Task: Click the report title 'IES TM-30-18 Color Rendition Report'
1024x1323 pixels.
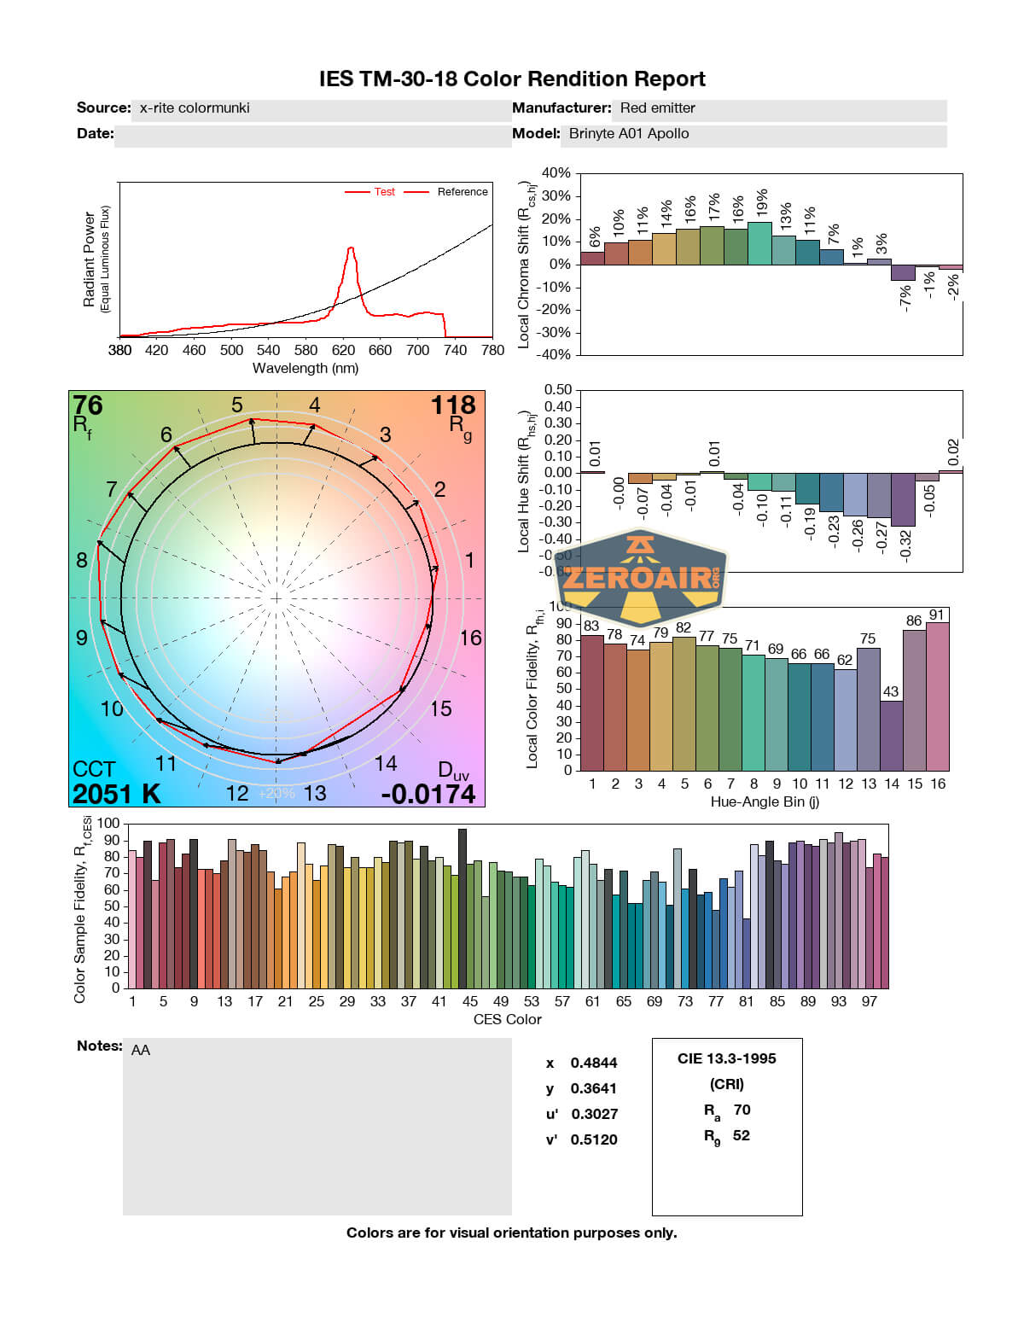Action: click(512, 79)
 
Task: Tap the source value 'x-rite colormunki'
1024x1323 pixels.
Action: click(195, 108)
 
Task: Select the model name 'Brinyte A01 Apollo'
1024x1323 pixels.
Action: click(629, 134)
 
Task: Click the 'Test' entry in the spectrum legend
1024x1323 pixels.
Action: click(384, 192)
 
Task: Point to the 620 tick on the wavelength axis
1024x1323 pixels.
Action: click(343, 350)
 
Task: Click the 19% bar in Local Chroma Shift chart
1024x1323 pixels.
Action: click(759, 243)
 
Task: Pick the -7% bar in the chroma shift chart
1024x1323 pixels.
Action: click(903, 272)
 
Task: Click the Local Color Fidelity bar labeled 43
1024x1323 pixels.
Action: click(891, 735)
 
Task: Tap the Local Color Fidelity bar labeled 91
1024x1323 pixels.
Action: click(937, 696)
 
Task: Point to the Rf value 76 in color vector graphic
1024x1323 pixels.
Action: click(88, 405)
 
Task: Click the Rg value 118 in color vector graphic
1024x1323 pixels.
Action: click(452, 405)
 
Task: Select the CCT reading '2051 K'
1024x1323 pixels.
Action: click(117, 794)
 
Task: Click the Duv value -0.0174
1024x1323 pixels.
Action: click(428, 794)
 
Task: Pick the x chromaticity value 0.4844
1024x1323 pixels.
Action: click(594, 1064)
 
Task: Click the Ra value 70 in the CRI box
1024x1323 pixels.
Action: click(742, 1110)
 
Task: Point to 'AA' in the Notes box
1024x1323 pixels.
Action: click(141, 1051)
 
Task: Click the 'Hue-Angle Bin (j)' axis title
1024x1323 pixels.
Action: click(765, 802)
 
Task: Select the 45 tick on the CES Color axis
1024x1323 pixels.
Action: click(470, 1002)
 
